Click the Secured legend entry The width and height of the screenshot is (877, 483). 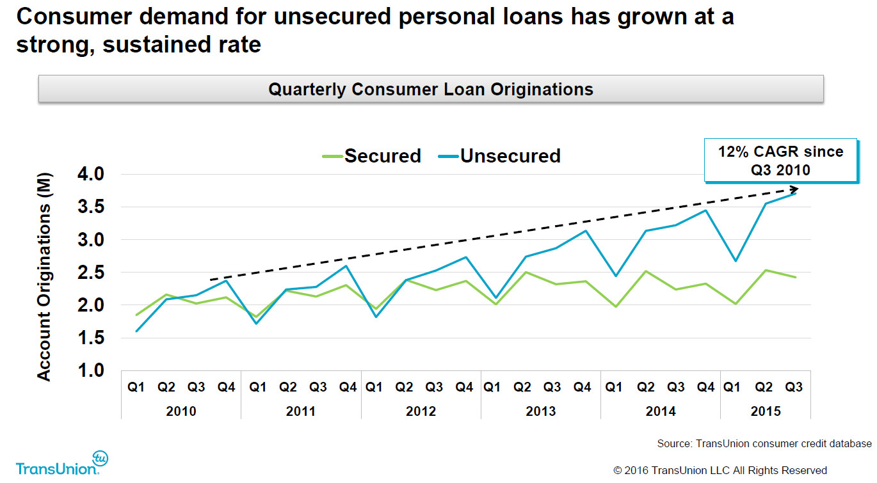pyautogui.click(x=371, y=156)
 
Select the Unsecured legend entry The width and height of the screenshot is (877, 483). pyautogui.click(x=499, y=156)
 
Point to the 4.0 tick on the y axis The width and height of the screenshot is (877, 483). pyautogui.click(x=91, y=174)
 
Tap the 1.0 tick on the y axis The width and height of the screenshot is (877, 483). pyautogui.click(x=91, y=370)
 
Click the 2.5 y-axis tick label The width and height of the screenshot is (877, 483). pyautogui.click(x=91, y=273)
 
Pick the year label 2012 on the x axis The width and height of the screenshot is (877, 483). pyautogui.click(x=421, y=411)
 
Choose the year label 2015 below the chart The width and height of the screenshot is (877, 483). pyautogui.click(x=766, y=411)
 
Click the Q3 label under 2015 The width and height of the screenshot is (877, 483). pyautogui.click(x=794, y=387)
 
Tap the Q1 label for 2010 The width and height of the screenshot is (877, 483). pyautogui.click(x=136, y=387)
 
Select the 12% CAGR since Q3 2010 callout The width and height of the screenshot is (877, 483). pyautogui.click(x=780, y=161)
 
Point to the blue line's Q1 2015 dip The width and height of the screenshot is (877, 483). pyautogui.click(x=736, y=260)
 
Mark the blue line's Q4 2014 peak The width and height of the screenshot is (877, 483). pyautogui.click(x=705, y=210)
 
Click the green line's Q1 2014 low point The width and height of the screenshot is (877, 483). pyautogui.click(x=616, y=306)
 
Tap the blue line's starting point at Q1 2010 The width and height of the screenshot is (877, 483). pyautogui.click(x=136, y=331)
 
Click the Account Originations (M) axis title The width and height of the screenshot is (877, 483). pyautogui.click(x=44, y=277)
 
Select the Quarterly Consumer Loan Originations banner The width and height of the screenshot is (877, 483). pyautogui.click(x=431, y=89)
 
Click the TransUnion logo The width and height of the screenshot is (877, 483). pyautogui.click(x=62, y=463)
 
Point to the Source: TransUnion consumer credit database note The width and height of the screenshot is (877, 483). pyautogui.click(x=764, y=443)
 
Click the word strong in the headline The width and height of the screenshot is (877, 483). pyautogui.click(x=55, y=45)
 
